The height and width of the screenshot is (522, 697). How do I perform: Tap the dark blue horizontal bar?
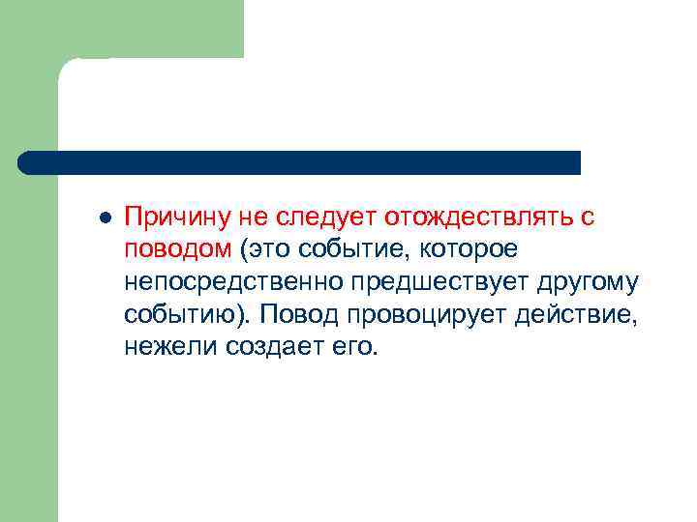(300, 162)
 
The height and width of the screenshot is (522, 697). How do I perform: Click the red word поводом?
(177, 249)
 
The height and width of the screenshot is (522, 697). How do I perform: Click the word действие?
(575, 315)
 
